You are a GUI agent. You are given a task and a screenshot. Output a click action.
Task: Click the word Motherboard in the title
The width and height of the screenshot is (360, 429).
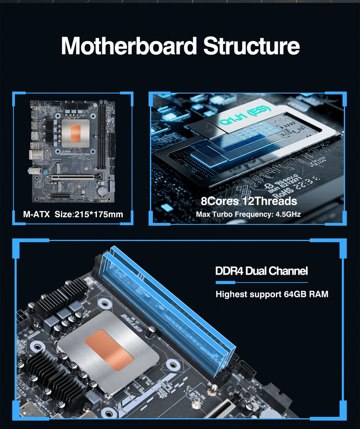click(x=129, y=46)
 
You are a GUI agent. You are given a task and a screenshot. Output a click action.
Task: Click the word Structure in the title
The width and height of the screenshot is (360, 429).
click(x=251, y=46)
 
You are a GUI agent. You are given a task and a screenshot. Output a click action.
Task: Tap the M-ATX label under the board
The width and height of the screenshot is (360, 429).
click(x=36, y=214)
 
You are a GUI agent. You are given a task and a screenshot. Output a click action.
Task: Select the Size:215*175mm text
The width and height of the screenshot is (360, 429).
click(x=89, y=214)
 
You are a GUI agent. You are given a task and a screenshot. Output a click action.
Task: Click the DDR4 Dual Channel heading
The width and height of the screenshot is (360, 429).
click(x=261, y=271)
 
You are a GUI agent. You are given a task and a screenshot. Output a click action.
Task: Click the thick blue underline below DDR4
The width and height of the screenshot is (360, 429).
click(x=225, y=283)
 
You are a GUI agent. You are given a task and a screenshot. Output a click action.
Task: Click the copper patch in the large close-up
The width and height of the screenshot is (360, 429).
click(x=109, y=350)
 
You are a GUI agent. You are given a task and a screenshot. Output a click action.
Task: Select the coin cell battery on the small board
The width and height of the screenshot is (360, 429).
click(x=102, y=191)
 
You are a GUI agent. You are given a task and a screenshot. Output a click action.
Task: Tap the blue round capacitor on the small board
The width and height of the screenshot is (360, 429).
click(x=45, y=172)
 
